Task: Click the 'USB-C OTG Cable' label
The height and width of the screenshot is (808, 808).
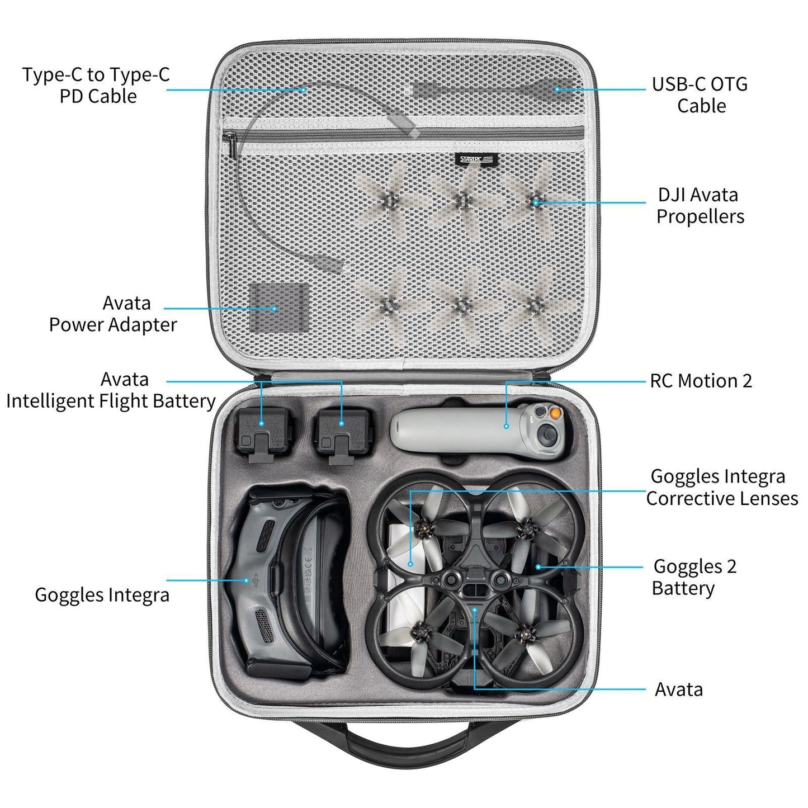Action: [x=700, y=94]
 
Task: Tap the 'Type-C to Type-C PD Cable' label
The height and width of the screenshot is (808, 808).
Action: [x=96, y=85]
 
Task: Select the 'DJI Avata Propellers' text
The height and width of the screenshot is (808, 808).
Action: [x=700, y=205]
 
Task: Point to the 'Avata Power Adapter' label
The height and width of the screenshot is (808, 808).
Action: [x=114, y=314]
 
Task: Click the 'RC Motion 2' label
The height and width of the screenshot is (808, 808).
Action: [x=701, y=381]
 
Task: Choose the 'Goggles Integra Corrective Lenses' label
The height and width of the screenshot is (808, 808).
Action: [x=721, y=487]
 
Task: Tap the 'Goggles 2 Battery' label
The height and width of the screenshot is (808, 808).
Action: [x=693, y=577]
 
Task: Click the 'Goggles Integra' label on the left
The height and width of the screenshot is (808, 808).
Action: [x=102, y=594]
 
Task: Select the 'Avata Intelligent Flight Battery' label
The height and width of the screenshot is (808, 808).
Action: [x=111, y=390]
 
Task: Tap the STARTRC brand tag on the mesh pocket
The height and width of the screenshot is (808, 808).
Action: [x=475, y=159]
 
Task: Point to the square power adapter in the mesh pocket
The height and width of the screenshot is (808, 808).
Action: [x=278, y=306]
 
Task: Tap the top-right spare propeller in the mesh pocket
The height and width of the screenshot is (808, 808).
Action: [x=536, y=201]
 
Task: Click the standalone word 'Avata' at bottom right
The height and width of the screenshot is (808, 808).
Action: [x=678, y=689]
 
